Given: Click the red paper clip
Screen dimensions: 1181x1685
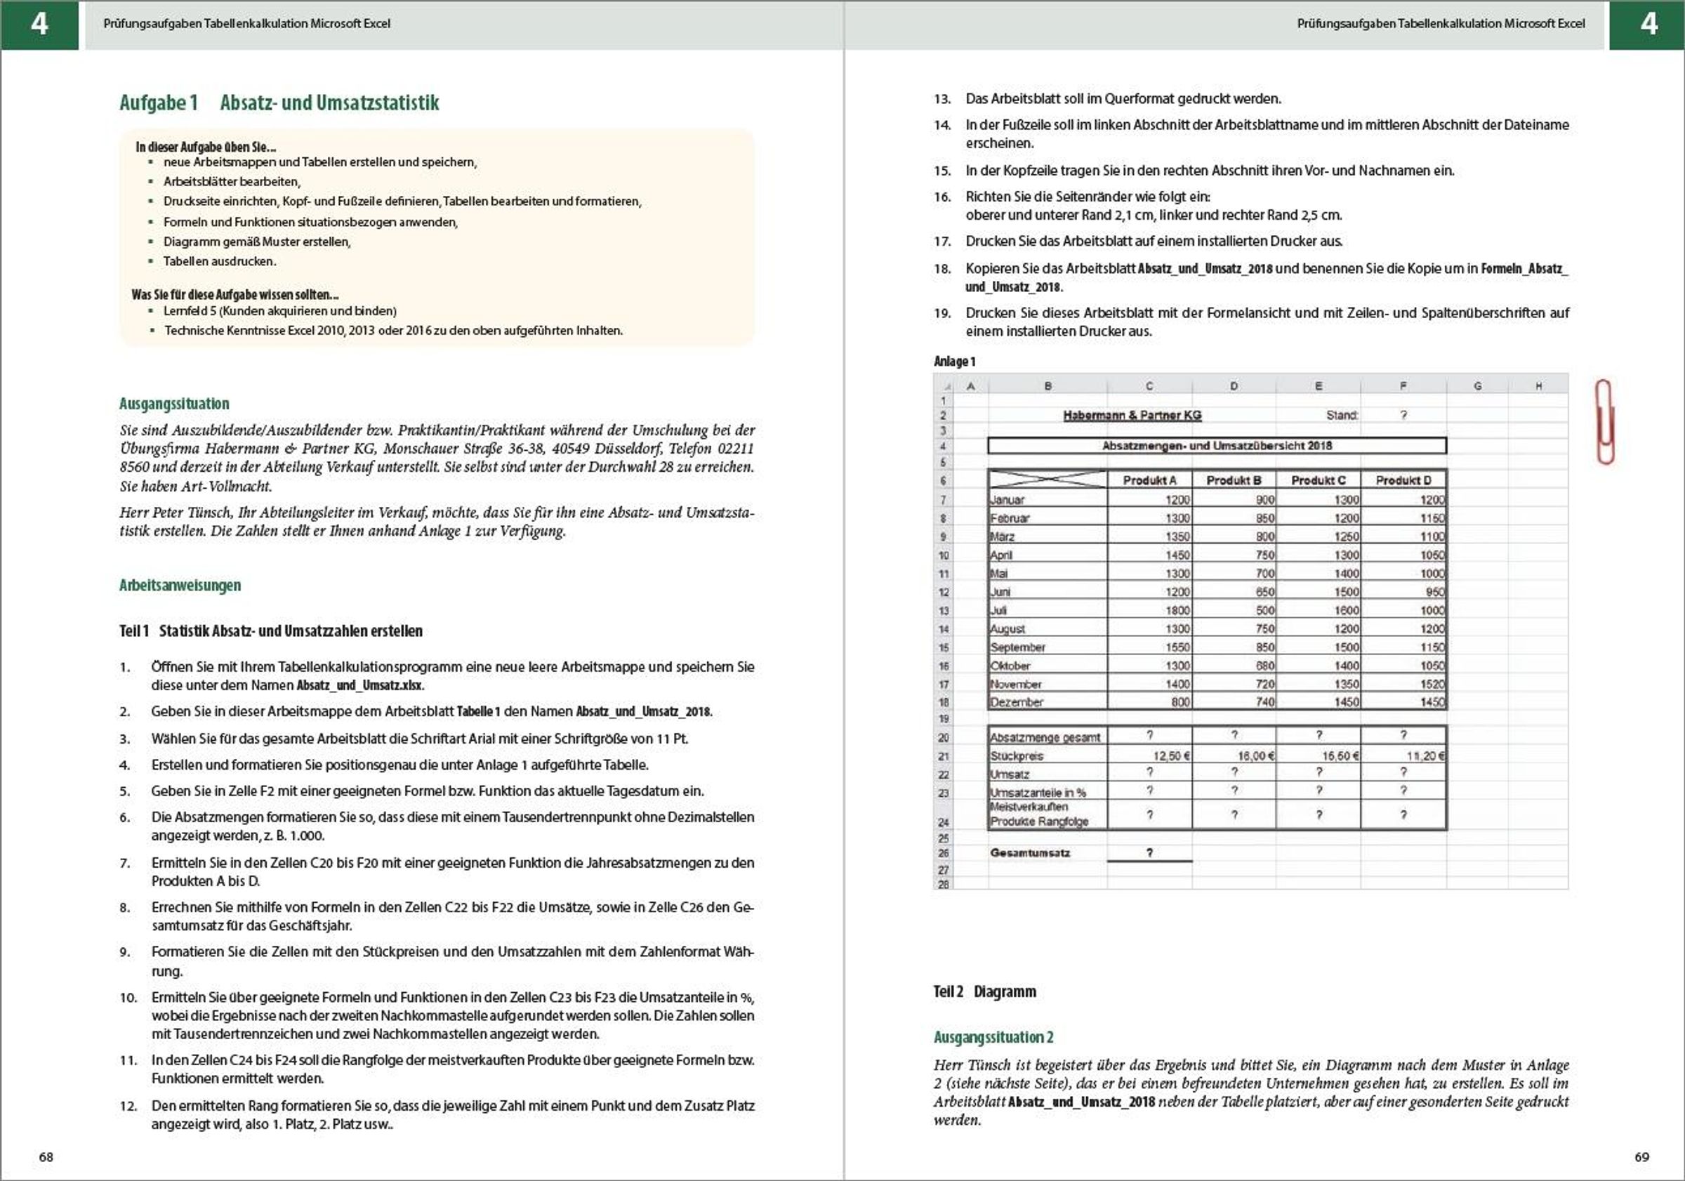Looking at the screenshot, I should (x=1605, y=421).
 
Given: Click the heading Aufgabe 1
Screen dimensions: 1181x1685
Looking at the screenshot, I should (x=159, y=103).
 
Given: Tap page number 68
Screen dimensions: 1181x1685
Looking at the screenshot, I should (x=46, y=1157).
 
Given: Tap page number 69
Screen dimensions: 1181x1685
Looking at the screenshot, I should (x=1641, y=1157).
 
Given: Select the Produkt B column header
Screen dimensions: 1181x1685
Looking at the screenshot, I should (x=1234, y=480).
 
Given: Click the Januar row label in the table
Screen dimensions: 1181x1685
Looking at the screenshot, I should (x=1007, y=500).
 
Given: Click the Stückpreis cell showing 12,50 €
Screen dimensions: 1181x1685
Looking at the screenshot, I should (x=1171, y=756).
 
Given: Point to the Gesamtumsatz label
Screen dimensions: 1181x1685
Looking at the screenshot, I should (x=1030, y=853).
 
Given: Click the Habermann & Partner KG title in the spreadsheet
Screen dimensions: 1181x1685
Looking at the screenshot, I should (x=1132, y=416).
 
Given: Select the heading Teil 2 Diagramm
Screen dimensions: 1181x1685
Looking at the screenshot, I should (x=984, y=991).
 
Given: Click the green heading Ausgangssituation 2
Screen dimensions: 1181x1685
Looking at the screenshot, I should (x=993, y=1037).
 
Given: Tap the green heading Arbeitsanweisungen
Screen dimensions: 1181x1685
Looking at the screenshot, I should (x=180, y=585).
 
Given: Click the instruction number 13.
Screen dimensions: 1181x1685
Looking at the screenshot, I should (x=942, y=99).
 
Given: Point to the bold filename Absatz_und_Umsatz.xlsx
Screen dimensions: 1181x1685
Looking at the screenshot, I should (x=360, y=685).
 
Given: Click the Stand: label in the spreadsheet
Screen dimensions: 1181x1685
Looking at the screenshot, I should (x=1342, y=416).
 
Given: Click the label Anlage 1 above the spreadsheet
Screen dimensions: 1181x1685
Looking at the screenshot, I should (x=954, y=361).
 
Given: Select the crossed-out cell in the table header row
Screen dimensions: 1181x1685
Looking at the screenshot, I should (x=1048, y=480).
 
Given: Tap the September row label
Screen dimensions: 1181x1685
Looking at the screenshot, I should (x=1017, y=647).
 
